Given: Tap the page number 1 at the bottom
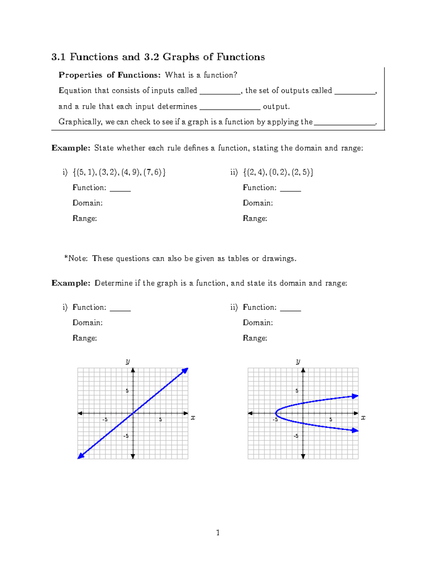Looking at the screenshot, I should point(218,533).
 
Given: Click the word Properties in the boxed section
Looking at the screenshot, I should point(80,75).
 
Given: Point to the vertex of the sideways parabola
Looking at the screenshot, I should point(276,413).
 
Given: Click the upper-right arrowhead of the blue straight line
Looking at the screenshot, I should point(185,370).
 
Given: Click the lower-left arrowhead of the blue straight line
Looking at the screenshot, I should point(81,456).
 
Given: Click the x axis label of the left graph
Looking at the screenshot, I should point(193,418).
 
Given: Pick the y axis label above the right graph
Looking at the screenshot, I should point(298,361).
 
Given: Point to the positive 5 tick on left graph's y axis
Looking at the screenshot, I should point(127,391).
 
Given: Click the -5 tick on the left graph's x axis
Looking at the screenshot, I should point(105,419).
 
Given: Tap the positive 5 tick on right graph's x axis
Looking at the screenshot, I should point(331,419).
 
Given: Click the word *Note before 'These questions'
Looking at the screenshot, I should point(76,259).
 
